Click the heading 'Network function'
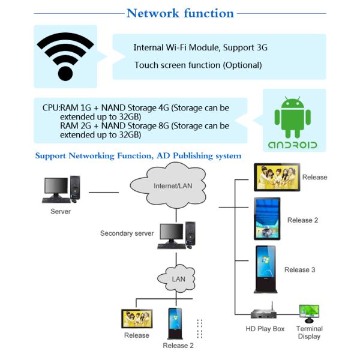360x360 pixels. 180,13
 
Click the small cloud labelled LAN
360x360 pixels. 178,278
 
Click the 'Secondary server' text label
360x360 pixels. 127,233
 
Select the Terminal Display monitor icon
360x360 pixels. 309,312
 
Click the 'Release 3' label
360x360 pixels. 299,270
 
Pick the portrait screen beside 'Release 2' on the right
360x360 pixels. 267,219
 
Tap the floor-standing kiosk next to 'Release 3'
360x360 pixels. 266,269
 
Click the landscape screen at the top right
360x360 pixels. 276,178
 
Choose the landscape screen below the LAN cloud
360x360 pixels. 137,319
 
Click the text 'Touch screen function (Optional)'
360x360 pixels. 198,65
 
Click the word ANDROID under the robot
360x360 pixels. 292,145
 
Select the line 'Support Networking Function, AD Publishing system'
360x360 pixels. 138,156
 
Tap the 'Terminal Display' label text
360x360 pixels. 309,332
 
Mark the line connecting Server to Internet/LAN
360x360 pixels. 104,192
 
